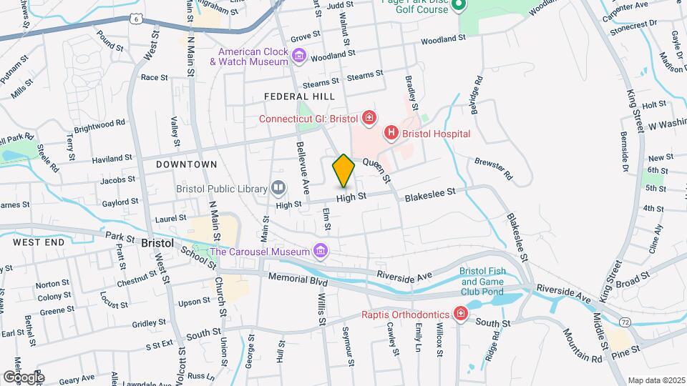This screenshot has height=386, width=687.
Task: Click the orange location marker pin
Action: [x=343, y=170]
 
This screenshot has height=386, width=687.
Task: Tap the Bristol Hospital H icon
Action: [x=391, y=133]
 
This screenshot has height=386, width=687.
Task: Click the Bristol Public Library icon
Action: [x=278, y=189]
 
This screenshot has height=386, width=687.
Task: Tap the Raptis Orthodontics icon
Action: [x=462, y=314]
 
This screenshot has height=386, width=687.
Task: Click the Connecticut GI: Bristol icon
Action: [x=369, y=118]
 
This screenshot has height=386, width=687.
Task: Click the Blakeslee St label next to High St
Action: [x=430, y=193]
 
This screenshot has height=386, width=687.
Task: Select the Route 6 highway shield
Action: [x=135, y=19]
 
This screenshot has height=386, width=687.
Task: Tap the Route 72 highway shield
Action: [x=625, y=322]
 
